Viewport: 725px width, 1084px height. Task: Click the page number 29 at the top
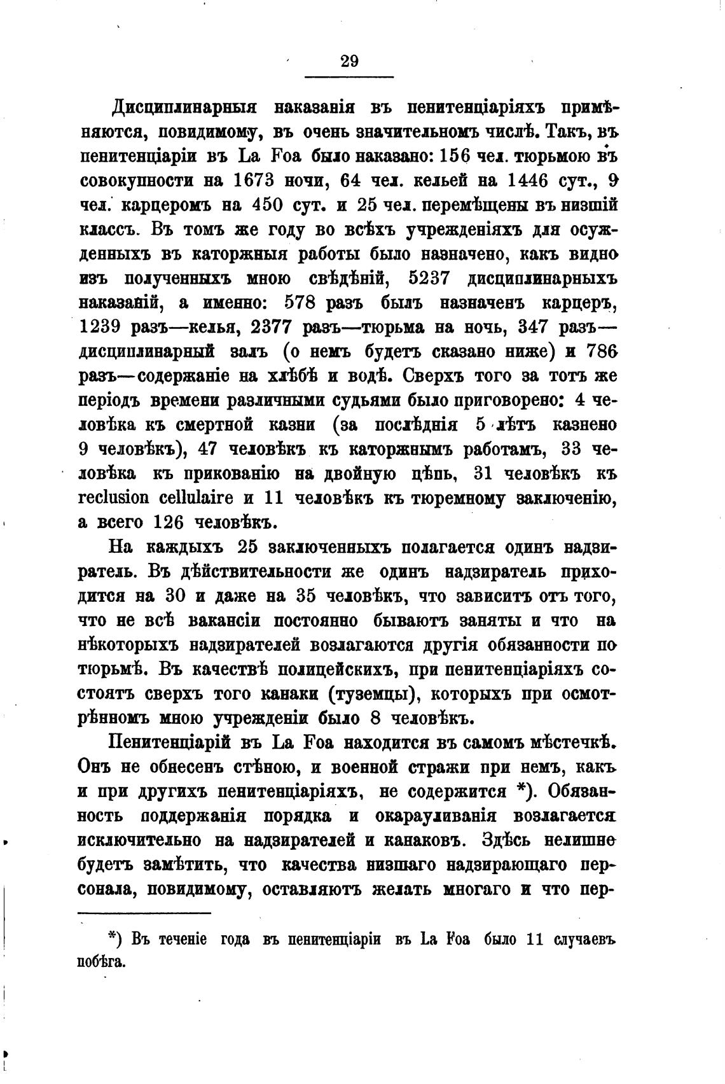tap(349, 61)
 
